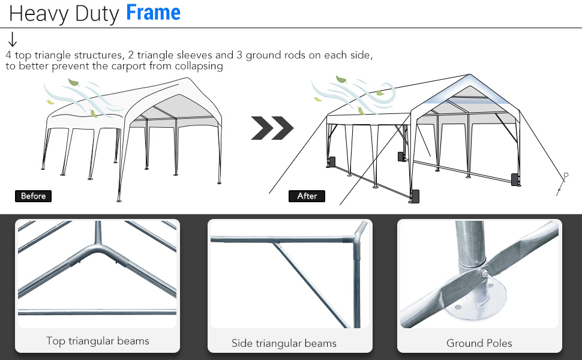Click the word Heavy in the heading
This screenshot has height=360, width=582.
38,14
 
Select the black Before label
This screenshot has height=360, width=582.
33,196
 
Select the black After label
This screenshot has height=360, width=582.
307,196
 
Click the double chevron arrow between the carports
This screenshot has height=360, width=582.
272,128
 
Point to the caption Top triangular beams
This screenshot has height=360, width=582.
98,341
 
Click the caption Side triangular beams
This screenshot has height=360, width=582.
284,343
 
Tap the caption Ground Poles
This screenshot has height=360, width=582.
479,343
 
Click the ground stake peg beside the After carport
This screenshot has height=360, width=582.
562,184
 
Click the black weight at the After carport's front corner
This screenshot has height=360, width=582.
415,196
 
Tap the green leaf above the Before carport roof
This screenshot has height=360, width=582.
73,82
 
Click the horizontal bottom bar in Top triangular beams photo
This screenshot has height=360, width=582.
97,312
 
